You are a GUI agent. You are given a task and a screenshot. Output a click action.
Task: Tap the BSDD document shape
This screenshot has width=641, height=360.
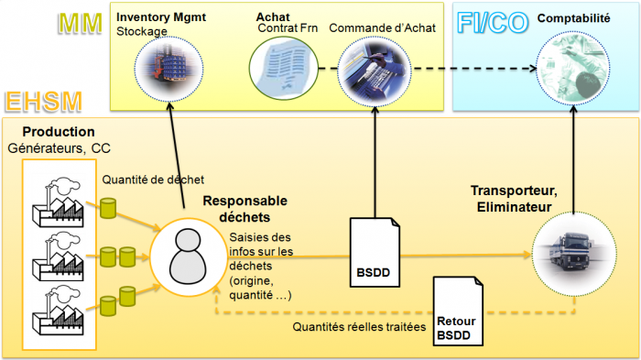[x=375, y=251]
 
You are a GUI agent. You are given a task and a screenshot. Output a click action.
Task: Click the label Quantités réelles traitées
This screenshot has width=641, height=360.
[x=360, y=325]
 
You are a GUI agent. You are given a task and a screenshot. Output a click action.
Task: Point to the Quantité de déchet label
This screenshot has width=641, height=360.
[x=153, y=180]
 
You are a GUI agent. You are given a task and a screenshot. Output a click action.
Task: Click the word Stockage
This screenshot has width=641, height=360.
[x=142, y=31]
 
